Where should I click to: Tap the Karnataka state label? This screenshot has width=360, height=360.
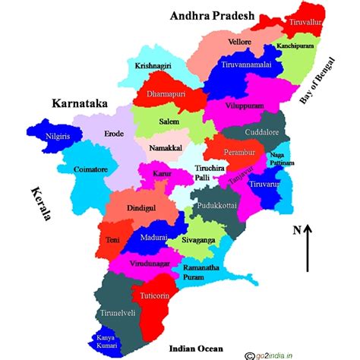click(79, 102)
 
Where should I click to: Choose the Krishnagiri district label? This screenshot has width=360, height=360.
click(154, 66)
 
